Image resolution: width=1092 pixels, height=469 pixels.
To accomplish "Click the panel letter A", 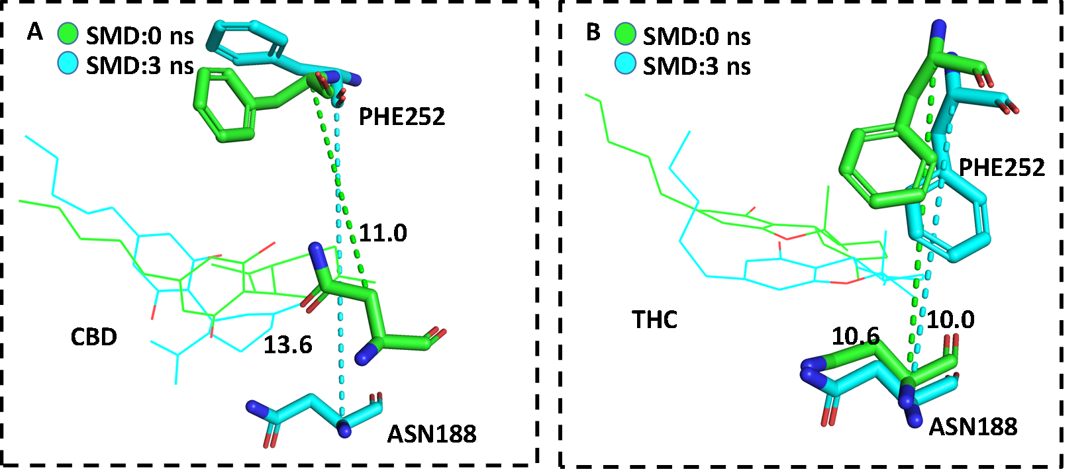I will click(34, 32).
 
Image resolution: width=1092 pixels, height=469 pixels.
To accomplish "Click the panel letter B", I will click(593, 32).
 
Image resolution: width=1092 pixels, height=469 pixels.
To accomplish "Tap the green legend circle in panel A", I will click(68, 34).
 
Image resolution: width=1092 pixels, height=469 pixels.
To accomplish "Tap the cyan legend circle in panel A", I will click(68, 64).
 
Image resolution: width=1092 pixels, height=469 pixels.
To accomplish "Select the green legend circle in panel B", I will click(625, 34).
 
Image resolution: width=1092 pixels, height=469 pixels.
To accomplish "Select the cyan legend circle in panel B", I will click(625, 64).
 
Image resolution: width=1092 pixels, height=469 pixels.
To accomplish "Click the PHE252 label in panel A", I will click(401, 117).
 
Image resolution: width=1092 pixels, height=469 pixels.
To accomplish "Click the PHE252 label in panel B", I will click(1002, 167).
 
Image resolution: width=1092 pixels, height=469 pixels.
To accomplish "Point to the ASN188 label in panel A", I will click(432, 434).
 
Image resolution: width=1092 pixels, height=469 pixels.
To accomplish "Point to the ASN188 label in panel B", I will click(973, 427).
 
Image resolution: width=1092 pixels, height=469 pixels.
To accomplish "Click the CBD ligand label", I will click(93, 337).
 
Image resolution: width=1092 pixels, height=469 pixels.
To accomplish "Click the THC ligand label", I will click(654, 320).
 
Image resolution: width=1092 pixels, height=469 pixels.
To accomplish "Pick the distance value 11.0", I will click(383, 233).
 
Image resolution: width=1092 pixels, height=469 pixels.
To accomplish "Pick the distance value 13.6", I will click(287, 345).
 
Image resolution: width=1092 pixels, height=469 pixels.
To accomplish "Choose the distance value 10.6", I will click(855, 337).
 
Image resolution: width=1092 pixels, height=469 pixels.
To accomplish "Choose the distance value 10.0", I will click(950, 320).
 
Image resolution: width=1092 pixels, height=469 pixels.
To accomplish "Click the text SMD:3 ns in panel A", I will click(140, 65).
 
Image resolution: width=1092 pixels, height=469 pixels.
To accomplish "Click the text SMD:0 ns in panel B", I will click(697, 36).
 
